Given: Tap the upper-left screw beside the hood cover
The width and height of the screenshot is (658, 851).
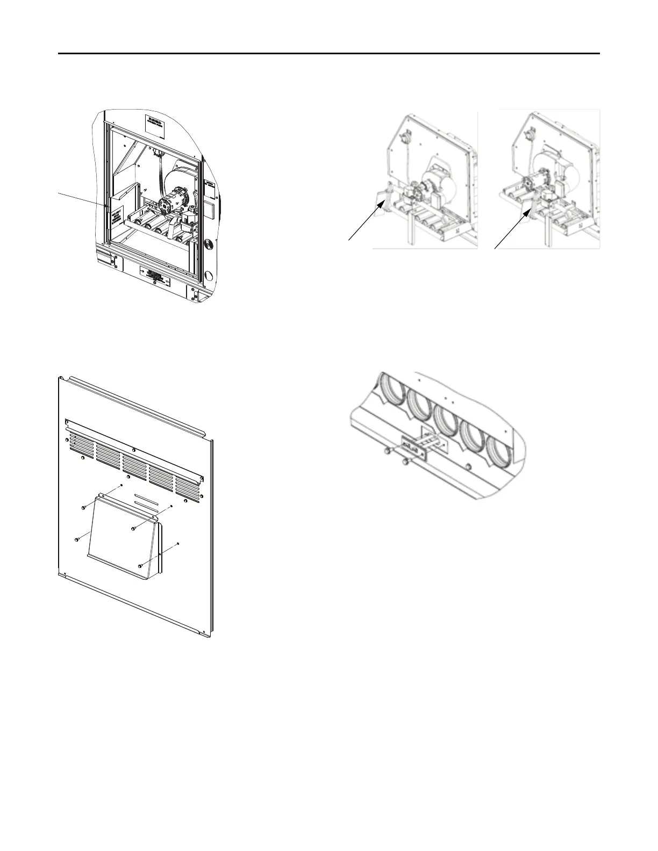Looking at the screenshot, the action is pyautogui.click(x=83, y=507).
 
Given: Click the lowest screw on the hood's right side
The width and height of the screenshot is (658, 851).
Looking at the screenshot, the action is pyautogui.click(x=140, y=565).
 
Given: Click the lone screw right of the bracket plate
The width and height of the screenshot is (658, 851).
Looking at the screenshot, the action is pyautogui.click(x=471, y=465).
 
